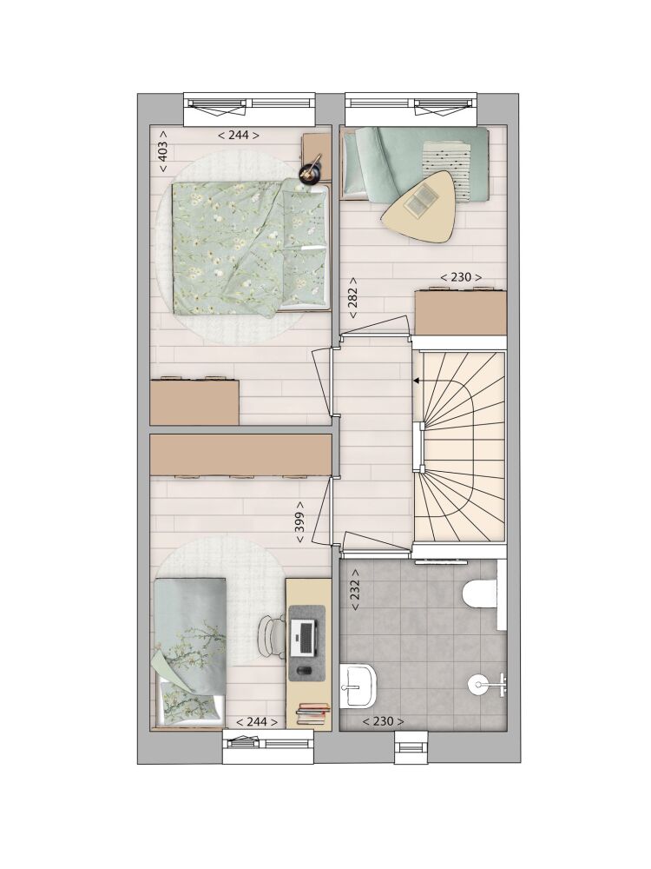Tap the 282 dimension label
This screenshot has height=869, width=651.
[352, 298]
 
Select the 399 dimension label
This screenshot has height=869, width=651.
[300, 522]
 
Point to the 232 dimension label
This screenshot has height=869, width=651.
[355, 590]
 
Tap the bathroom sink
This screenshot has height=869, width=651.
[357, 687]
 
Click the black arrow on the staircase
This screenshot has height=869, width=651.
[417, 381]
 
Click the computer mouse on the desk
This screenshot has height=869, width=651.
[304, 671]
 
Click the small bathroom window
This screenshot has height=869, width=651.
[411, 743]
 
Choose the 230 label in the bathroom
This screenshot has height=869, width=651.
[383, 721]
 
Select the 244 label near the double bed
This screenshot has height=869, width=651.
[239, 136]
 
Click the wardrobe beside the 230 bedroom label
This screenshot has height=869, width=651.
[461, 312]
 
